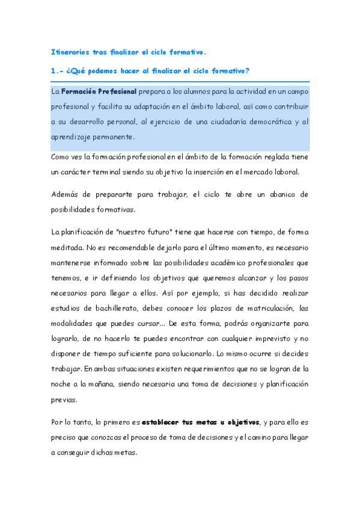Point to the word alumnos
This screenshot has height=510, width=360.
click(x=183, y=92)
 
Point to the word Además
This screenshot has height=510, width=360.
click(x=67, y=195)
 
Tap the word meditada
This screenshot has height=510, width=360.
click(x=67, y=247)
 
